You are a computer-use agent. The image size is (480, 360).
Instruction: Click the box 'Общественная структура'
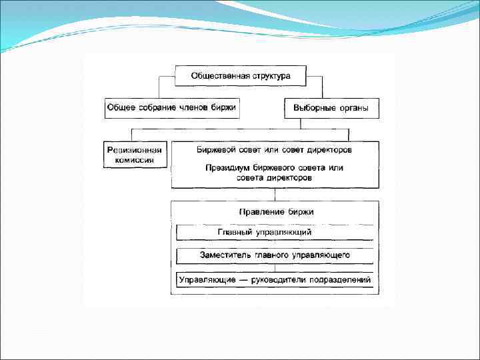(241, 76)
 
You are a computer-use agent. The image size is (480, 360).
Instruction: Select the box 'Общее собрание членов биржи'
(171, 108)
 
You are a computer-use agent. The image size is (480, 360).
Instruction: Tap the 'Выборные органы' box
(331, 108)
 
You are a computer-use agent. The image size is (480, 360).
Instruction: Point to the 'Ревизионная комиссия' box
(135, 155)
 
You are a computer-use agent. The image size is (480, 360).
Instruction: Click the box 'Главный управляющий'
(275, 232)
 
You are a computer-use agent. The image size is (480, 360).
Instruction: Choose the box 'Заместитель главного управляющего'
(275, 255)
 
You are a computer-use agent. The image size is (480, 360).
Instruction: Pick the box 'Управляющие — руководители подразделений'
(275, 280)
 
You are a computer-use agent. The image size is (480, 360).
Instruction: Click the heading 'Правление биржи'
(276, 211)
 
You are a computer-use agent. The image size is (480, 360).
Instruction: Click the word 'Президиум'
(226, 168)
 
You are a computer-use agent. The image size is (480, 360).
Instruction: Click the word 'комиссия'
(135, 160)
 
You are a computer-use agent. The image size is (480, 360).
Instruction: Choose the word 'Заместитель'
(224, 255)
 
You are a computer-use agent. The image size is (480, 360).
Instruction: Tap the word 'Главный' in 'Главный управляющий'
(235, 232)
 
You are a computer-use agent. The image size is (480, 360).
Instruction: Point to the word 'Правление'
(261, 211)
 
